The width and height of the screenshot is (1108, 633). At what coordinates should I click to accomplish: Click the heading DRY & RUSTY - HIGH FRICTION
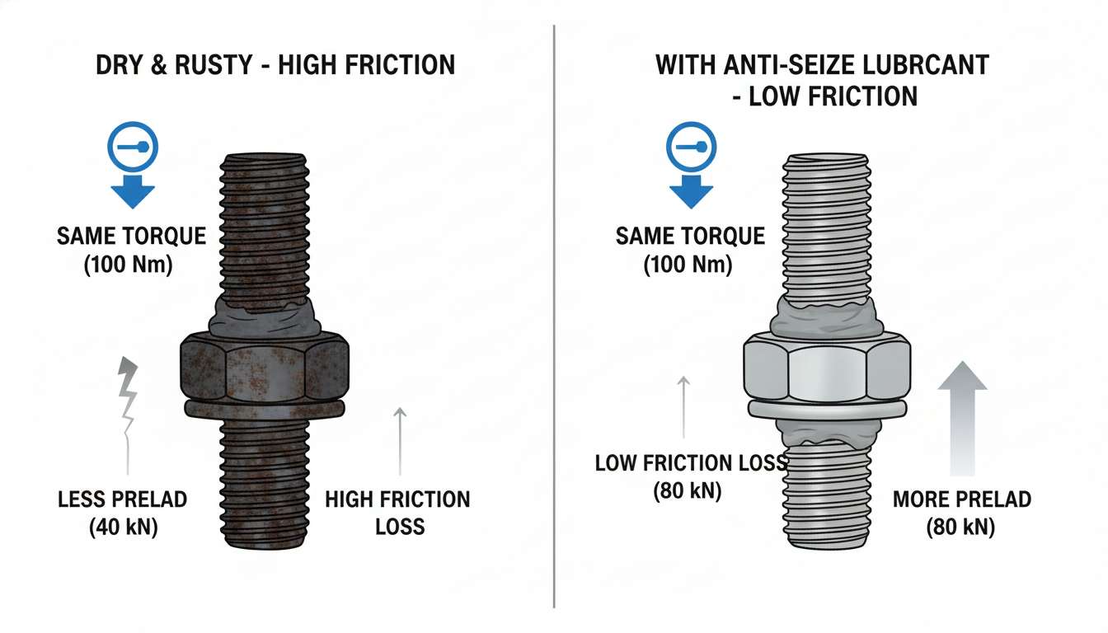pos(276,64)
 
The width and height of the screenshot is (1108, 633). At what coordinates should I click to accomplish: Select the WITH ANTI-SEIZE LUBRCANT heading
pos(821,64)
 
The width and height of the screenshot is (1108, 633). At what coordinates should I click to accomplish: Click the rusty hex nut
pos(264,363)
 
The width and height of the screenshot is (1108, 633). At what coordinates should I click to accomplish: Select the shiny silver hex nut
pos(827,363)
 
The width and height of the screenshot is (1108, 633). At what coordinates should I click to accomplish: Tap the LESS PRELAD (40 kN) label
pos(123,513)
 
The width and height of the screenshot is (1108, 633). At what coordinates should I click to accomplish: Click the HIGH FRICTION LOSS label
pos(398,512)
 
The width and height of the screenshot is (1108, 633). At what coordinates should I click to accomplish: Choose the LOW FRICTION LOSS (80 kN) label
pos(690,476)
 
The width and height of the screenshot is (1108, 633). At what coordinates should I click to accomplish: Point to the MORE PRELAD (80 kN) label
pos(961,512)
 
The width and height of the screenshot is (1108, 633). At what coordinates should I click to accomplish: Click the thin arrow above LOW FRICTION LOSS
pos(683,406)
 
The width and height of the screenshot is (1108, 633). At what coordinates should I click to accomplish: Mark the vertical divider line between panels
pos(554,316)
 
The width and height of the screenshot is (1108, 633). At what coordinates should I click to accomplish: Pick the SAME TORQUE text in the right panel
pos(690,237)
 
